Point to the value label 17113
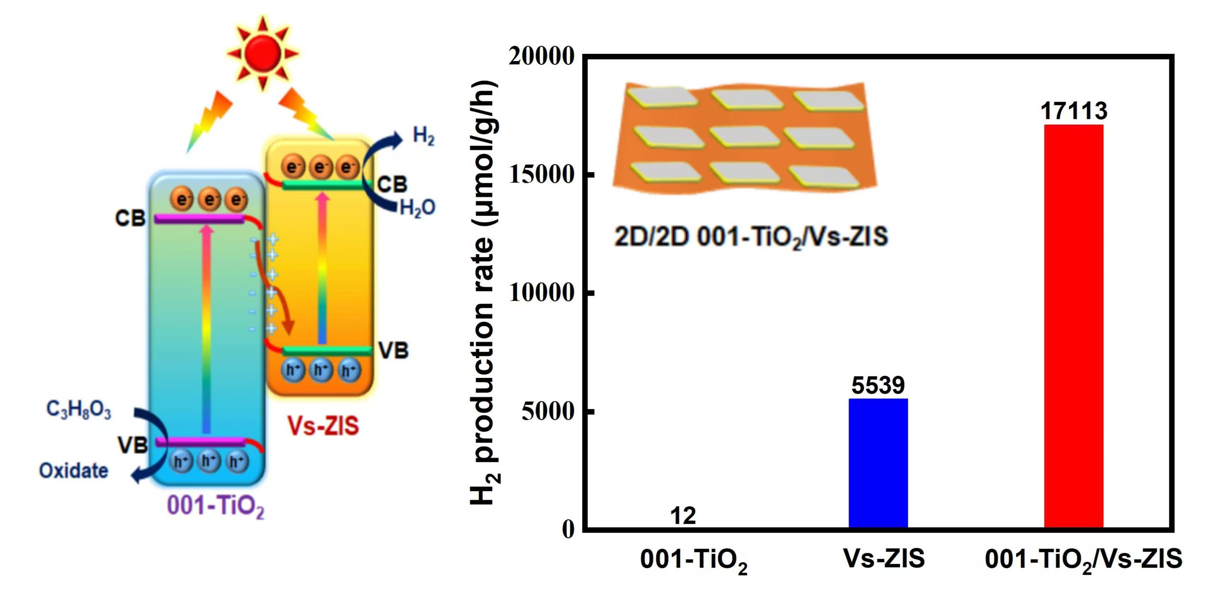point(1074,111)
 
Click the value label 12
point(683,516)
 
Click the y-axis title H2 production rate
point(484,293)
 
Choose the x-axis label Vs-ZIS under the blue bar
point(884,558)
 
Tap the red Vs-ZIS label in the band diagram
point(323,425)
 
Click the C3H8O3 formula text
point(79,410)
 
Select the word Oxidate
point(74,471)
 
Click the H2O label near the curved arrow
point(417,208)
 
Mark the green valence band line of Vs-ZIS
point(326,351)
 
